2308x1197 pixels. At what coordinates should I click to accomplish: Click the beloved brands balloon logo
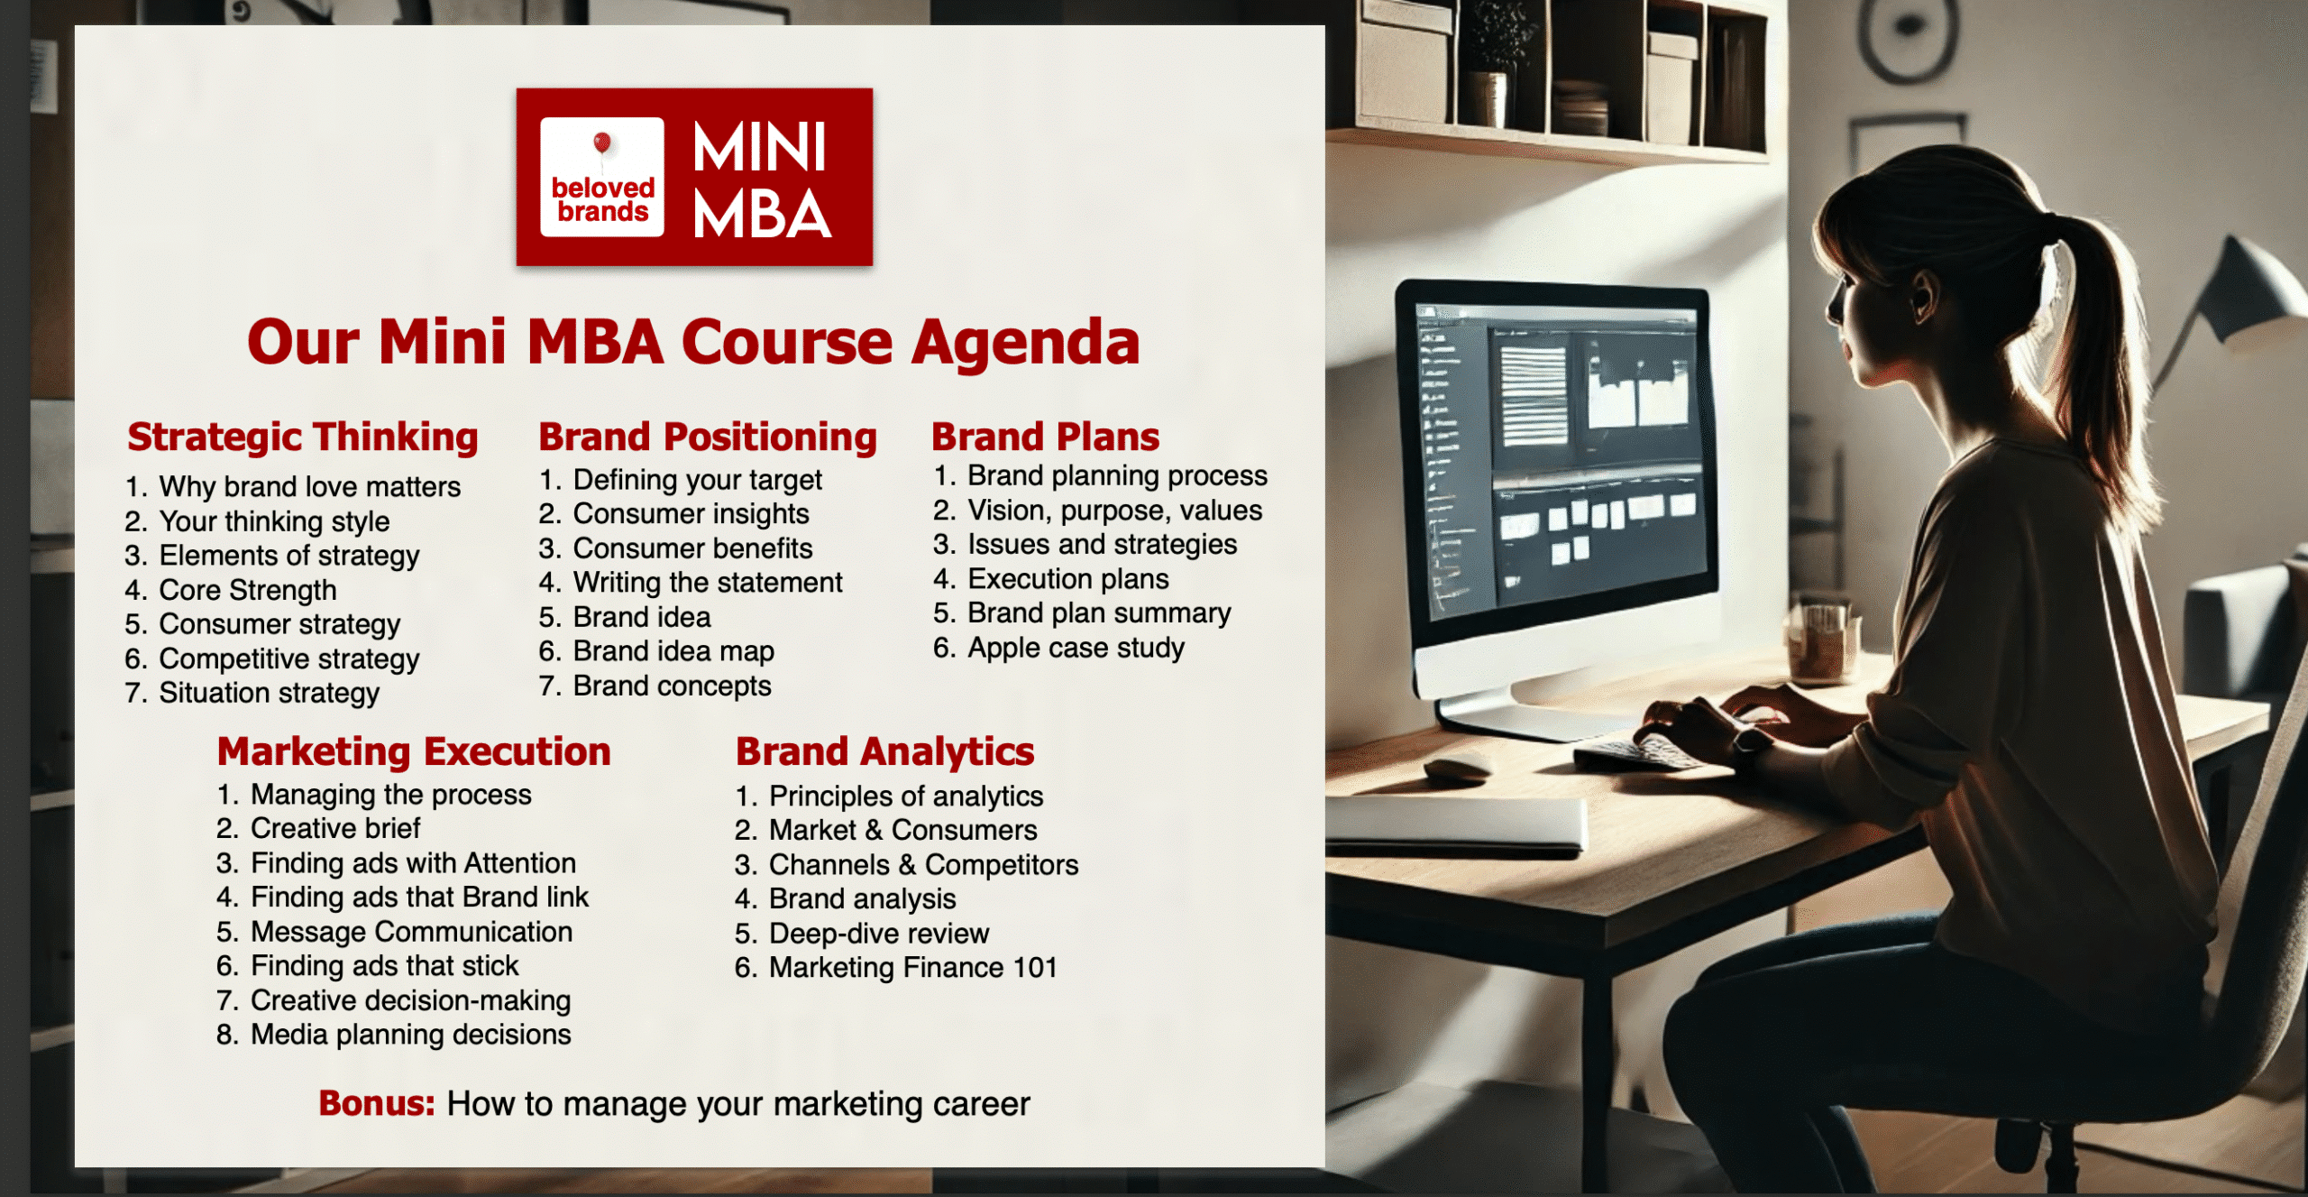click(x=602, y=178)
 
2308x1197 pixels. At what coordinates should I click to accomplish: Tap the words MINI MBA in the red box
click(x=761, y=180)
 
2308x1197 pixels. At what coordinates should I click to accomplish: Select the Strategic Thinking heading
click(x=303, y=438)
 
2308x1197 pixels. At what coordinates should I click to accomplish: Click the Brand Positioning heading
click(x=708, y=438)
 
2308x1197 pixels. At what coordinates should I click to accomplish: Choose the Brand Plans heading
click(x=1046, y=437)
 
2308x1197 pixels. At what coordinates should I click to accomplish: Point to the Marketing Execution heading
click(x=414, y=752)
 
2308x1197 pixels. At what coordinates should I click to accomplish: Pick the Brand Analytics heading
click(x=885, y=752)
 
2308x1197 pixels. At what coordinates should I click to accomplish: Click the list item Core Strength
click(x=248, y=590)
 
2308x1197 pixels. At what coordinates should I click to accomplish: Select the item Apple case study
click(x=1076, y=649)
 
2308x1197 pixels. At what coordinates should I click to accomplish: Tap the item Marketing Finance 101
click(x=913, y=968)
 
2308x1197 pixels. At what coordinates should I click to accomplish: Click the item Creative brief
click(x=335, y=828)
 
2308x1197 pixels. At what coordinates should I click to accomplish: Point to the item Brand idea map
click(x=673, y=652)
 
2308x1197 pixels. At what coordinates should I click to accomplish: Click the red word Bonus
click(x=377, y=1104)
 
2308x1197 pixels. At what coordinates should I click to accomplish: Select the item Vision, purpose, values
click(x=1115, y=511)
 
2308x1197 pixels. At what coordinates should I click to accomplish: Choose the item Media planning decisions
click(x=411, y=1036)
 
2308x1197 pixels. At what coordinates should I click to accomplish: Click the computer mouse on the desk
click(x=1458, y=769)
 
